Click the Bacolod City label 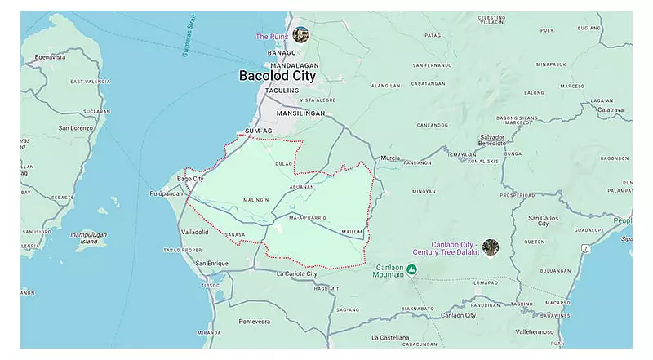pyautogui.click(x=277, y=76)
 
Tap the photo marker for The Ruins pyautogui.click(x=301, y=34)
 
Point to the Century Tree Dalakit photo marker pyautogui.click(x=491, y=247)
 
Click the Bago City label pyautogui.click(x=190, y=178)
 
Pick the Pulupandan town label pyautogui.click(x=167, y=193)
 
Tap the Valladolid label pyautogui.click(x=194, y=233)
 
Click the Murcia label pyautogui.click(x=390, y=158)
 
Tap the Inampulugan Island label pyautogui.click(x=88, y=238)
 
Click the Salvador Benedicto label pyautogui.click(x=492, y=140)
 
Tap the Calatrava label pyautogui.click(x=610, y=109)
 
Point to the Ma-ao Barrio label pyautogui.click(x=308, y=218)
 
